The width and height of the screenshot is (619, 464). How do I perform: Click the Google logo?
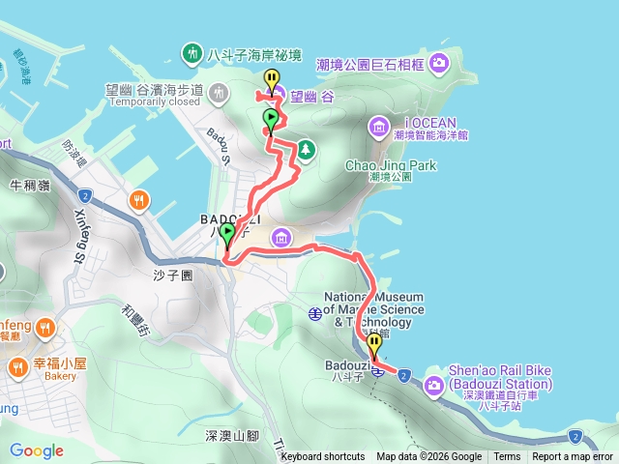37,450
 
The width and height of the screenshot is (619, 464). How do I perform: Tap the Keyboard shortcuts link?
322,457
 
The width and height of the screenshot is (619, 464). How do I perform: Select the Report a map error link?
572,457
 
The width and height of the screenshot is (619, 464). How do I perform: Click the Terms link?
507,457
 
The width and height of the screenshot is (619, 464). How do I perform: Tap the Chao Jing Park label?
391,165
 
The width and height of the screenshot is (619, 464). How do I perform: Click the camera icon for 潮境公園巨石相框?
440,64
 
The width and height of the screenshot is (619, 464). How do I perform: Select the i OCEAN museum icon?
378,125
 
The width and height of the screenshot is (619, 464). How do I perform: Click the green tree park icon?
306,149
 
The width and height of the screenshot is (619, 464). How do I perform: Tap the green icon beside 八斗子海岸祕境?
192,52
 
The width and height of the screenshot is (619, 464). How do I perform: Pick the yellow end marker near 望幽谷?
273,79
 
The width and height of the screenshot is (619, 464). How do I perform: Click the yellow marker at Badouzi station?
374,345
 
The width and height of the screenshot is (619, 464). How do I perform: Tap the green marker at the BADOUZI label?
227,234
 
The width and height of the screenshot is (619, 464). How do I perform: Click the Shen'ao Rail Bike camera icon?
435,385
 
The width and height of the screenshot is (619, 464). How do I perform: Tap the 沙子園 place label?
174,275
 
